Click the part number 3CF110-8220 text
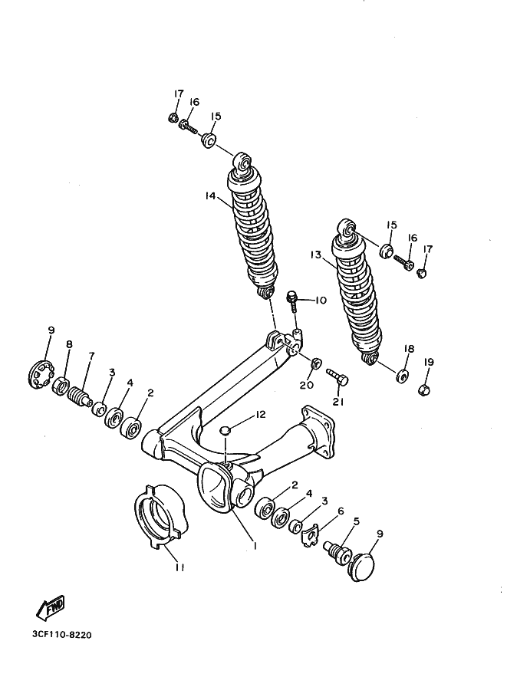click(66, 635)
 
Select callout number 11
click(179, 568)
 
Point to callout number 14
click(211, 196)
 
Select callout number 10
click(319, 301)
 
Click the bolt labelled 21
click(338, 377)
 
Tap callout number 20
click(307, 385)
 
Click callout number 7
click(91, 357)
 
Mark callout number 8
click(68, 345)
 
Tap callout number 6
click(339, 511)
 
